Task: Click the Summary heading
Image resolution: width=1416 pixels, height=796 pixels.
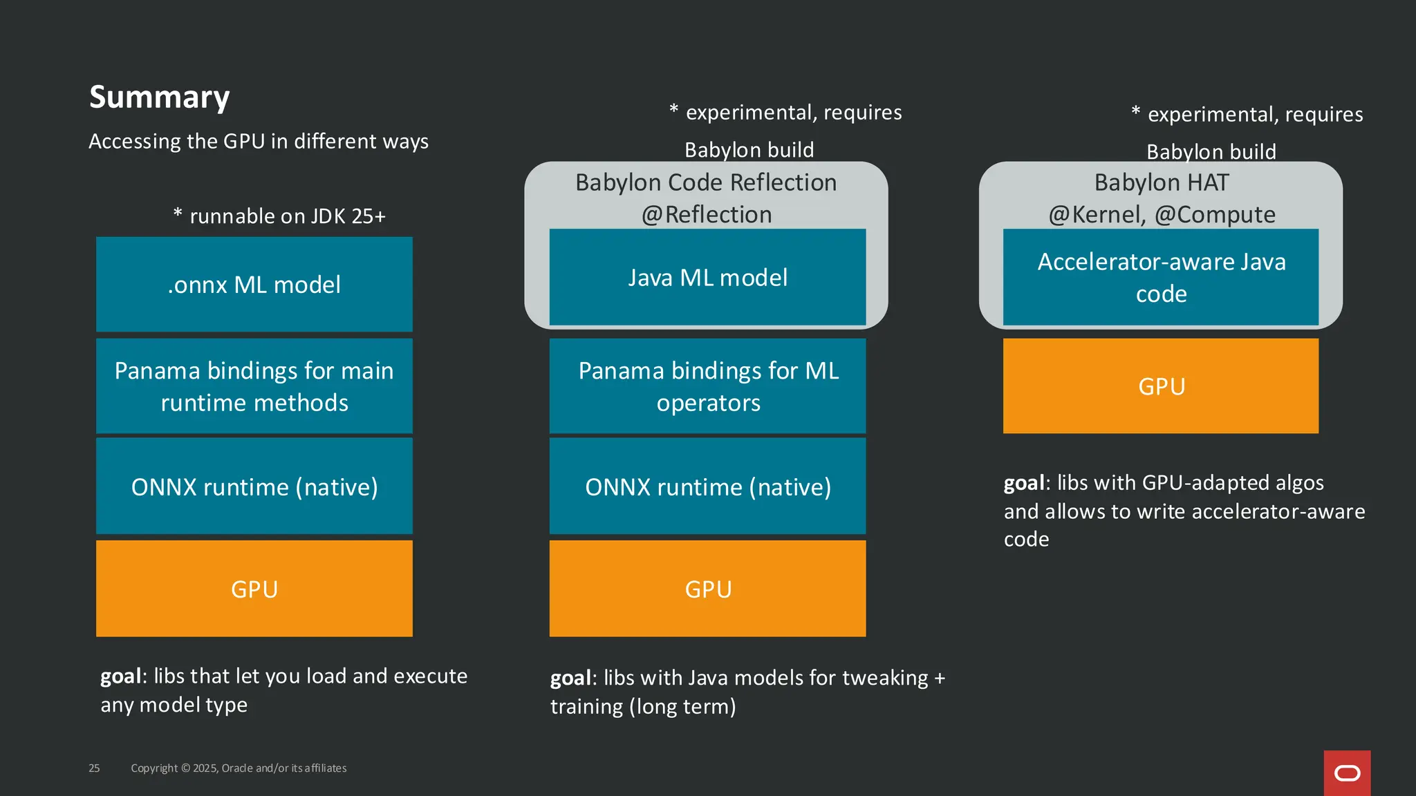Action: coord(159,97)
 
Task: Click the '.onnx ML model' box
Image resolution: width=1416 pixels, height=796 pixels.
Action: coord(254,284)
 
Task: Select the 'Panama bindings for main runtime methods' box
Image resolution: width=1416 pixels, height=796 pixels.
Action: coord(254,386)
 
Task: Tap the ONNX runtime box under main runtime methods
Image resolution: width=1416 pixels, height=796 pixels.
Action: coord(254,486)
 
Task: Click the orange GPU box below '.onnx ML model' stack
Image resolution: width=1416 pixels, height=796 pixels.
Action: coord(254,589)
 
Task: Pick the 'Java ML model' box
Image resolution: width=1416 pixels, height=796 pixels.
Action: coord(707,277)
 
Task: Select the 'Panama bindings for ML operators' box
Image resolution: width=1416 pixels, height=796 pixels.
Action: coord(707,386)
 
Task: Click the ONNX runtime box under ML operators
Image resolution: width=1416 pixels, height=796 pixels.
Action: coord(707,486)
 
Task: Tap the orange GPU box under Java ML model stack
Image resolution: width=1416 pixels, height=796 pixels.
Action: coord(707,589)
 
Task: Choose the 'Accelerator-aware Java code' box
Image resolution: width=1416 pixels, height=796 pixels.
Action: coord(1161,277)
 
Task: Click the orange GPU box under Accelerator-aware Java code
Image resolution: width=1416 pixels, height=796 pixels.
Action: coord(1161,386)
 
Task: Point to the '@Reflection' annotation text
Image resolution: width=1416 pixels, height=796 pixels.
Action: coord(706,215)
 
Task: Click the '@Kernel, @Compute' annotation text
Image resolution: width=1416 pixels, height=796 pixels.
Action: coord(1161,215)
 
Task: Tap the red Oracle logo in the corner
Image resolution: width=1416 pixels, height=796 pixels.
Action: coord(1346,773)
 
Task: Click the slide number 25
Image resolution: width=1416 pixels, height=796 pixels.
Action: coord(94,768)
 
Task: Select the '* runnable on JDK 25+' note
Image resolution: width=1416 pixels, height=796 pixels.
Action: coord(279,216)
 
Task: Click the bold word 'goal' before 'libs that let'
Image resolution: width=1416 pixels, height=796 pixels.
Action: coord(121,676)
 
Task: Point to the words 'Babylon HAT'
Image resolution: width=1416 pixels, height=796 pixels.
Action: coord(1161,182)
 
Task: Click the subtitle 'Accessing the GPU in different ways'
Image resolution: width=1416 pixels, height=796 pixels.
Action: coord(259,141)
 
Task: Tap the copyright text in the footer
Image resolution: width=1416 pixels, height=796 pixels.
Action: coord(239,768)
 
